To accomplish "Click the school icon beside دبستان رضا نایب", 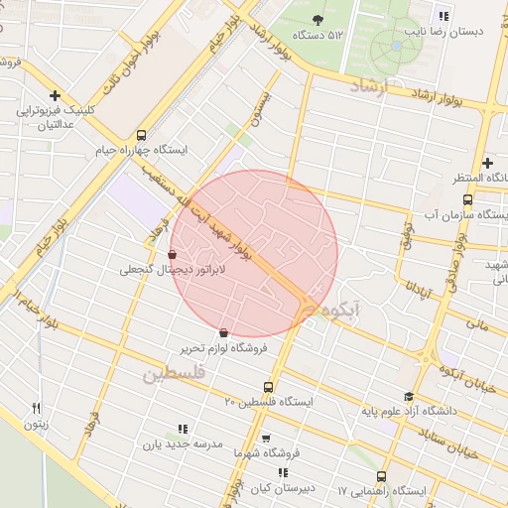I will pos(444,16).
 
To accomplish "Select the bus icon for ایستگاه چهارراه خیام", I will pos(141,135).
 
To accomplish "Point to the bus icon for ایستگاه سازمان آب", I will pos(467,199).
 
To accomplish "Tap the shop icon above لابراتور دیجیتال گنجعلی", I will pos(174,254).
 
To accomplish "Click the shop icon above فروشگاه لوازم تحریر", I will pos(222,332).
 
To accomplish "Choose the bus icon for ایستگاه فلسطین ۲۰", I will pos(269,387).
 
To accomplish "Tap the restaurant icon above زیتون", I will pos(37,408).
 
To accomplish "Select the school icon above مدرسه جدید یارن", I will pos(182,429).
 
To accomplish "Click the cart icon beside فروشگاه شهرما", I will pos(265,438).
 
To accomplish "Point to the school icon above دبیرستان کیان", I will pos(284,472).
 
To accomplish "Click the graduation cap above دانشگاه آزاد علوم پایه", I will pos(408,396).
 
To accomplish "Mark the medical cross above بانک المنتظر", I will pos(487,163).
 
